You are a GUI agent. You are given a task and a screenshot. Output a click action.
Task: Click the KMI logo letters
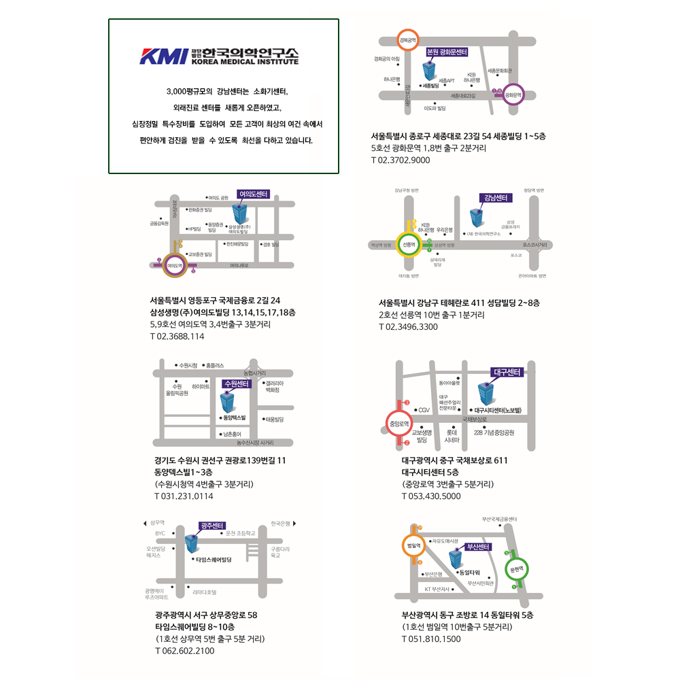[163, 56]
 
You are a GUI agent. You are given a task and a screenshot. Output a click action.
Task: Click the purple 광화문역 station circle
[513, 96]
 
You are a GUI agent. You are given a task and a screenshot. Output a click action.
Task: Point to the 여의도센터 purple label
[253, 194]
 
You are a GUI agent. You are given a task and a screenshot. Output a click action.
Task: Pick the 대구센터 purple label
[506, 372]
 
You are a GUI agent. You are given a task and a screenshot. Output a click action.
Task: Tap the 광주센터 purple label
[213, 526]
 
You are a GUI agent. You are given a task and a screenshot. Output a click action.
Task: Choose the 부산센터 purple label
[479, 546]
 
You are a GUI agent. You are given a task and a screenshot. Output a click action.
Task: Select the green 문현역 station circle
[515, 568]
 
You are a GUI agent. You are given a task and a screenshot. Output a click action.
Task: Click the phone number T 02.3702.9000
[401, 160]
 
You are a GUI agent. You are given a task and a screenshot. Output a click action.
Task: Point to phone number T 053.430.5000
[431, 496]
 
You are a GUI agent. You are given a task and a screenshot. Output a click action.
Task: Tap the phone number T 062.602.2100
[185, 651]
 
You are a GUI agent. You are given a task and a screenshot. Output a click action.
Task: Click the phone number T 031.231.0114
[184, 496]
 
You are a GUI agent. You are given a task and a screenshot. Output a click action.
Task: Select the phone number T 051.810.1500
[431, 639]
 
